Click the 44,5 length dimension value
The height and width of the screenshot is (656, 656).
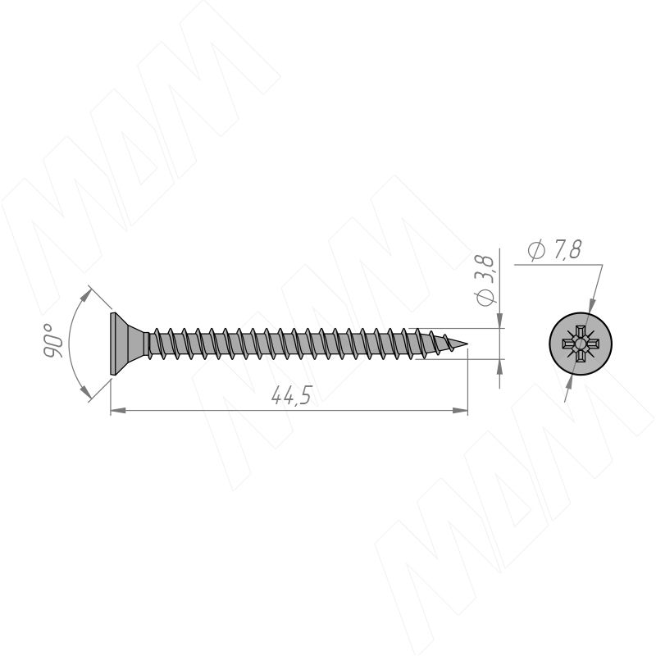tap(291, 395)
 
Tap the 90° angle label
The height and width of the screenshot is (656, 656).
tap(53, 340)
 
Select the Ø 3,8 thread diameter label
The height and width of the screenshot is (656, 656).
tap(485, 280)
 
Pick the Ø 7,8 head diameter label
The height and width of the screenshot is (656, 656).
tap(554, 250)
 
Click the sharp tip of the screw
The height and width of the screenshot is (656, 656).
tap(467, 344)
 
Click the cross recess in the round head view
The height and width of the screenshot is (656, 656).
tap(581, 344)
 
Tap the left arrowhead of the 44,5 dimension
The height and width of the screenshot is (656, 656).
tap(117, 411)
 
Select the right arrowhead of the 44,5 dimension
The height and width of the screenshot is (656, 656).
tap(460, 411)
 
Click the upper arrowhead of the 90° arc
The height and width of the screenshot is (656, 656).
tap(85, 296)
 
